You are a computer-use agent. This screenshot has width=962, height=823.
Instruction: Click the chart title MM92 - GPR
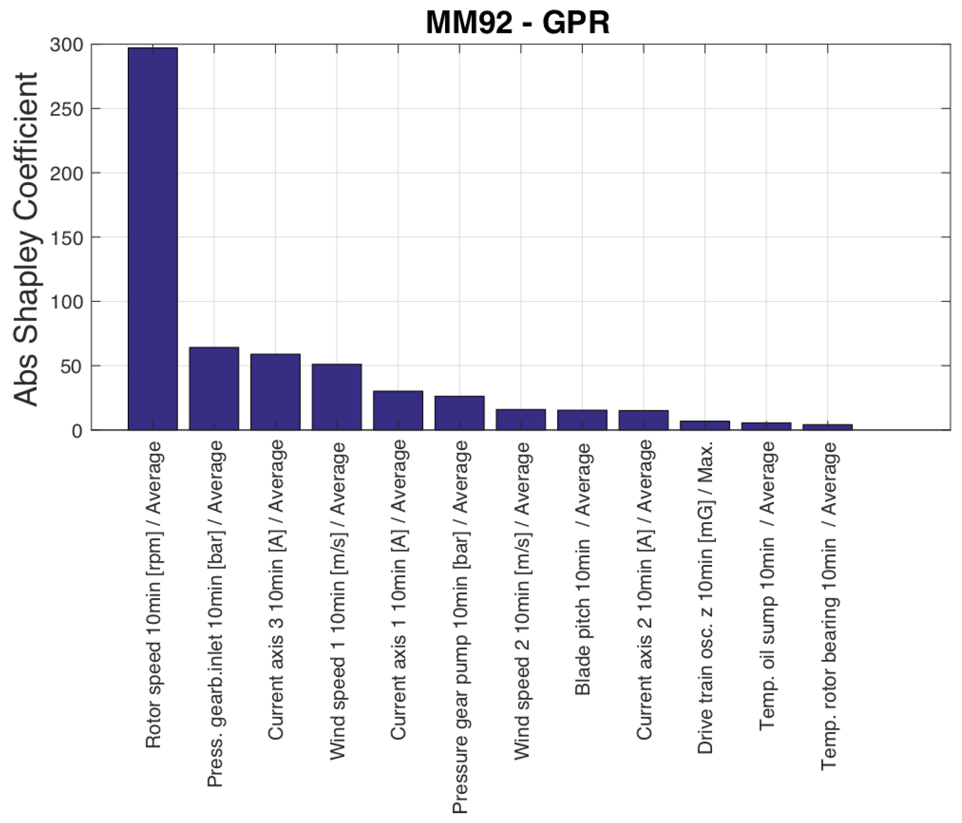pos(517,22)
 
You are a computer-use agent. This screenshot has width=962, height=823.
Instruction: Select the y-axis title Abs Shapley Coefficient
pos(26,239)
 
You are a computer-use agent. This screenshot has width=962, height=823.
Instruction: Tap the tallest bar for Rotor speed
pos(153,239)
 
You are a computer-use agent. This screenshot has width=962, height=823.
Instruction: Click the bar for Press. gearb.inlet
pos(214,389)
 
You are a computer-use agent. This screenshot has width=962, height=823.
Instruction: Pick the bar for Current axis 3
pos(275,392)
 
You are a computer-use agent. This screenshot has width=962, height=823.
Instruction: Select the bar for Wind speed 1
pos(337,397)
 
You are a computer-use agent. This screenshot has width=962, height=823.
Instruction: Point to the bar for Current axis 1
pos(398,411)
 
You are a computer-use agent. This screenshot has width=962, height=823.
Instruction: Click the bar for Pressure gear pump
pos(459,413)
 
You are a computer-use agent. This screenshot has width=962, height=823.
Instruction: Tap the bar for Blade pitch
pos(582,420)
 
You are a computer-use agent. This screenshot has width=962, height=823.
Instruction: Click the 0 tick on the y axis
pos(77,431)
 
